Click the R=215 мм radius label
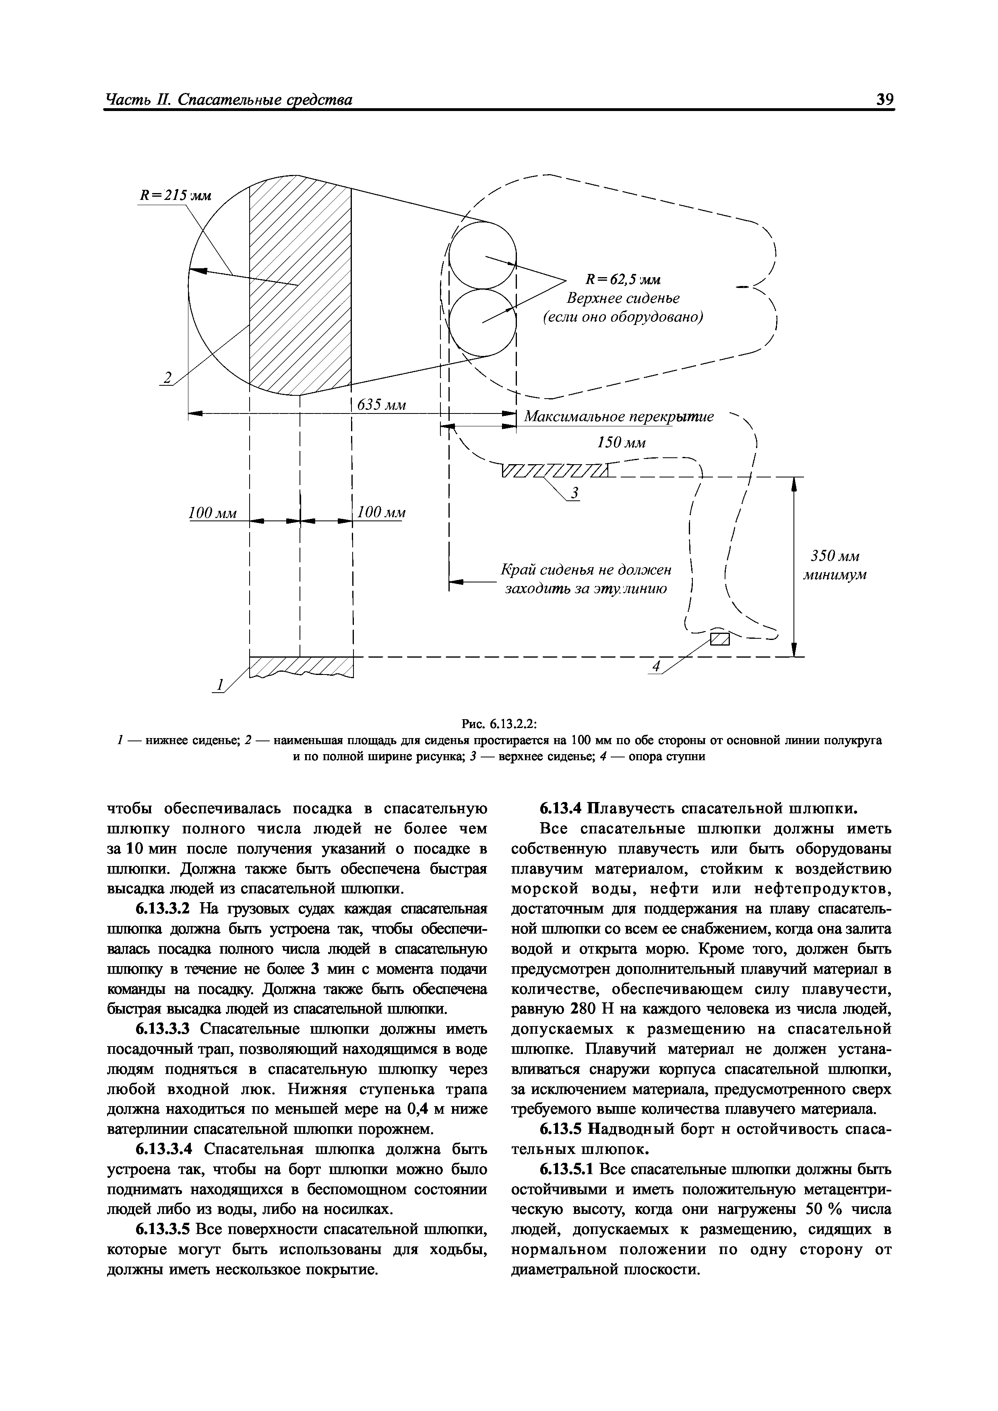pos(175,196)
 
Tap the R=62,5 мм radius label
pos(622,280)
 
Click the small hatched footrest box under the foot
pos(719,640)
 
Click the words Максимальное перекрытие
pos(619,417)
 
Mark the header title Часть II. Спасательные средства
pos(229,100)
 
